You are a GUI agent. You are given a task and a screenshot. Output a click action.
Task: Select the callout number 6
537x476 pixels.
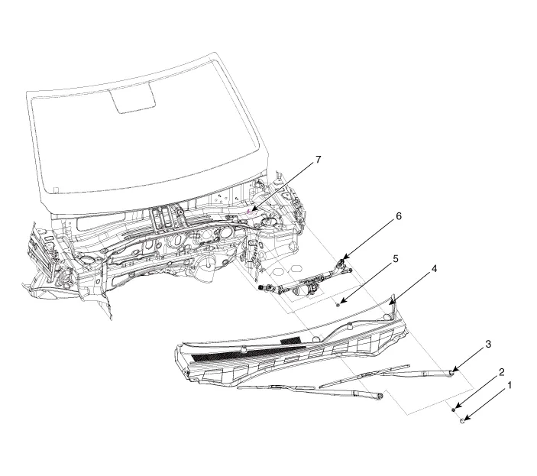coord(398,217)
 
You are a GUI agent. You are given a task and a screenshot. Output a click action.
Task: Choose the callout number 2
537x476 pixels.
coord(500,372)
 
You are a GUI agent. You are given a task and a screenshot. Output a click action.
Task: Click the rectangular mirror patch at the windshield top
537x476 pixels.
coord(134,99)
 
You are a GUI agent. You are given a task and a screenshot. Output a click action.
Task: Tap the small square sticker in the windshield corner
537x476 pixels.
coord(55,188)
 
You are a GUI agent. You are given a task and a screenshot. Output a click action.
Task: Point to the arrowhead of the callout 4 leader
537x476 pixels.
coord(390,304)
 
